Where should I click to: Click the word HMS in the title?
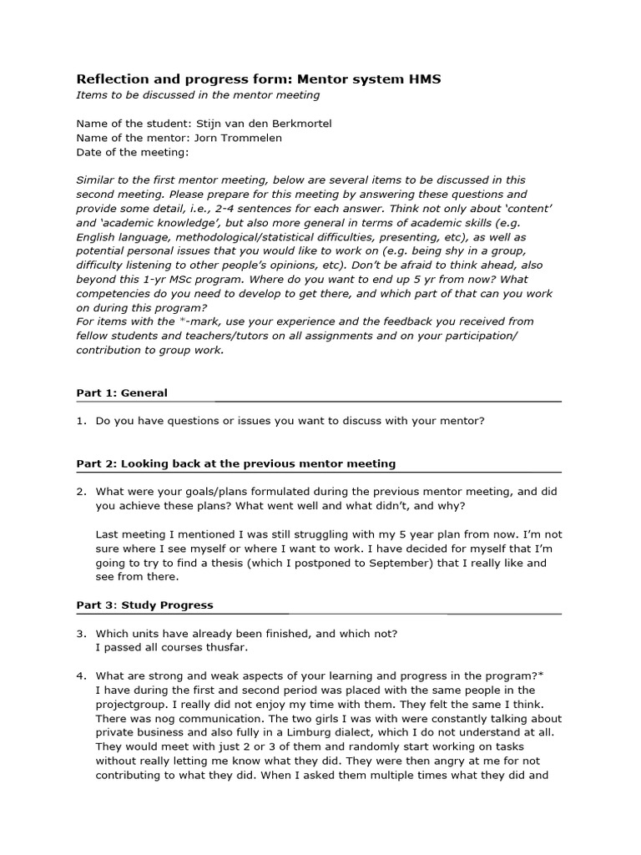pos(423,79)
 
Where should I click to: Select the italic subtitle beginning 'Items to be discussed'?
pos(198,95)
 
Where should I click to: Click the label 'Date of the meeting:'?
pos(133,153)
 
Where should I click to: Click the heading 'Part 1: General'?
pos(122,392)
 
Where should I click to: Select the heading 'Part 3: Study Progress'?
pos(144,605)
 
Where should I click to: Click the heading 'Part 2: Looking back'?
pos(236,463)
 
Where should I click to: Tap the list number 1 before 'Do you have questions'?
pos(80,421)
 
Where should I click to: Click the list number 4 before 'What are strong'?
pos(80,675)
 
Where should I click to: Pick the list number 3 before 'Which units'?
pos(80,634)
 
